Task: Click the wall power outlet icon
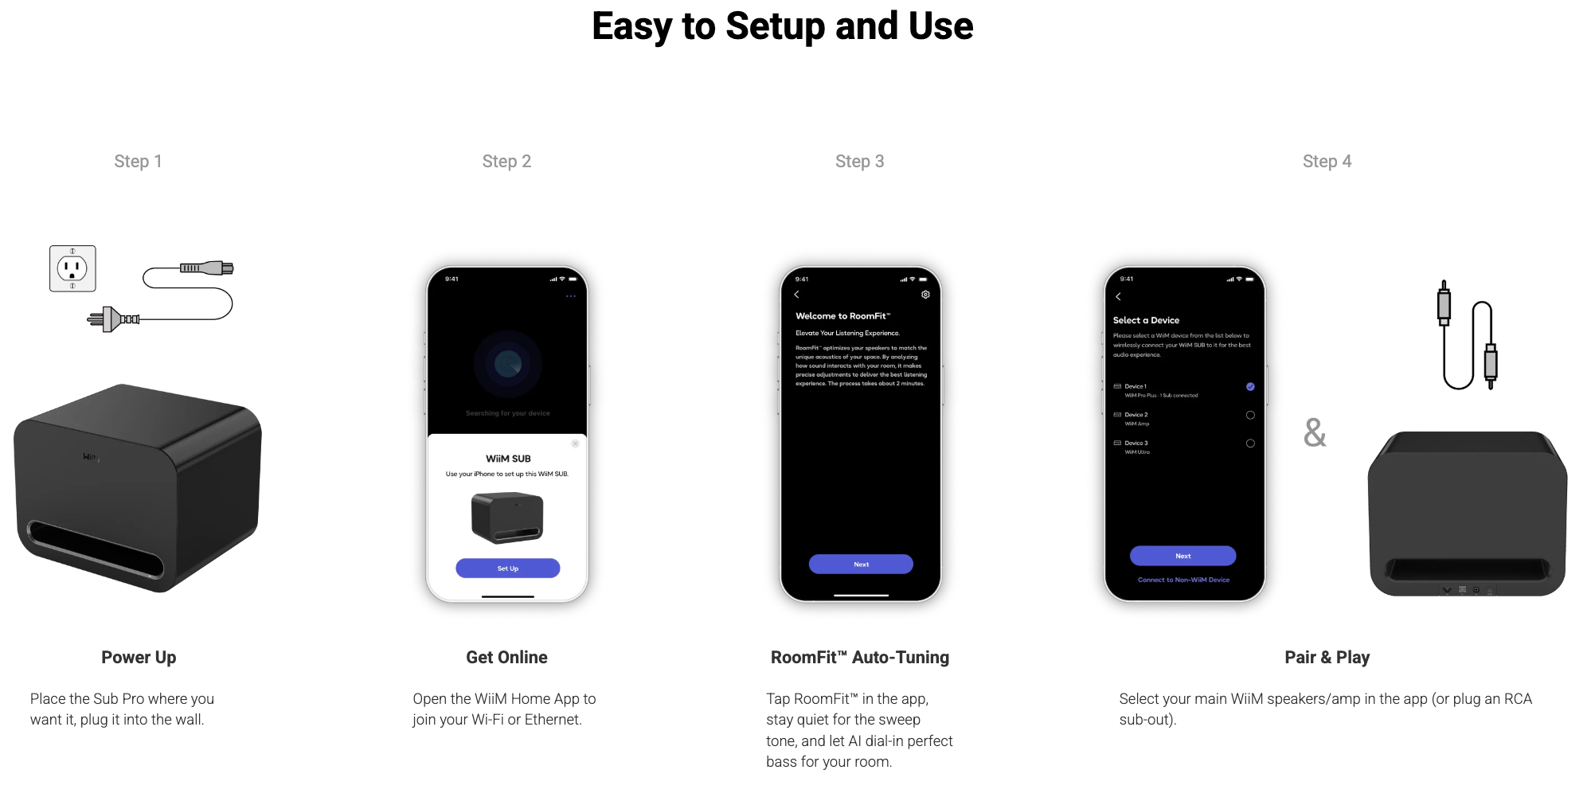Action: [x=72, y=269]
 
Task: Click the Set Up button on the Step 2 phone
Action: [x=507, y=569]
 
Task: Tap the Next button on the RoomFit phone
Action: [x=861, y=565]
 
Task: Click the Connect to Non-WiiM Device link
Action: [x=1183, y=580]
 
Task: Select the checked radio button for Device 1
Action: [x=1250, y=386]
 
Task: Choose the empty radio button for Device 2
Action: [x=1250, y=415]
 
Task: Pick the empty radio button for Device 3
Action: [x=1250, y=443]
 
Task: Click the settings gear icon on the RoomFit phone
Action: [x=925, y=295]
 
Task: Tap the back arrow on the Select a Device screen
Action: [x=1118, y=296]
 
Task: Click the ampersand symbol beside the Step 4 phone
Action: [x=1315, y=433]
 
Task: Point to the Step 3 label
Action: [x=859, y=162]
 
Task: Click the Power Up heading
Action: [x=139, y=658]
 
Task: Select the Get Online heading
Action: [x=506, y=658]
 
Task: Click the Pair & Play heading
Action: [x=1327, y=658]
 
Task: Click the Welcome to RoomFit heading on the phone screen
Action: [x=842, y=316]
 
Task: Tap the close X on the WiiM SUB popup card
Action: [x=575, y=443]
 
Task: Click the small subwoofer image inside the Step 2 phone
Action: [x=507, y=518]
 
